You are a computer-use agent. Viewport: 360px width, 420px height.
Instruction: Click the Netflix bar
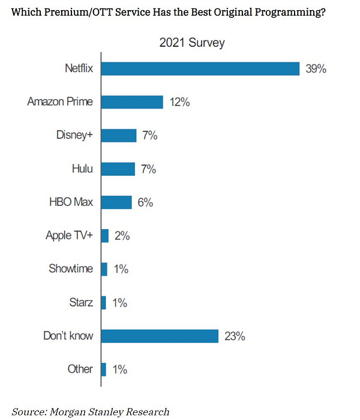pos(200,68)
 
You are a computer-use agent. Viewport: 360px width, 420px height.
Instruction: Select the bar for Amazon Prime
pos(132,102)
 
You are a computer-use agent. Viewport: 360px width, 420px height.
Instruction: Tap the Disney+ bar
pos(119,136)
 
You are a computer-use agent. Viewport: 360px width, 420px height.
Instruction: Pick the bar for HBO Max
pos(116,202)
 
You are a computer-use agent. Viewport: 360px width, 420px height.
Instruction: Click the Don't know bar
pos(160,335)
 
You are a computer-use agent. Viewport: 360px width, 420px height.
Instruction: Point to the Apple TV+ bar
pos(105,236)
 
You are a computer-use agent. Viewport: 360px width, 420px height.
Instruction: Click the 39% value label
pos(316,69)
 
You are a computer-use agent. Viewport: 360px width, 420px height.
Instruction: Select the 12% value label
pos(179,103)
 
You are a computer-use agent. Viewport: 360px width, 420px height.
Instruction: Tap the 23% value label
pos(235,336)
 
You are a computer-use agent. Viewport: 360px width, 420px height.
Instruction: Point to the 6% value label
pos(145,203)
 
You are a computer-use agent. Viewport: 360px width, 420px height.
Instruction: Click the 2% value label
pos(122,236)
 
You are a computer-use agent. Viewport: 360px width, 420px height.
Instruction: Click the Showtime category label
pos(71,269)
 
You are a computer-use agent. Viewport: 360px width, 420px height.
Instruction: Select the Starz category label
pos(80,302)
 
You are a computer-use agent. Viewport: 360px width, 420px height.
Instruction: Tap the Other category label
pos(80,369)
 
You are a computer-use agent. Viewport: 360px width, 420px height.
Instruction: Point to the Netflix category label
pos(79,68)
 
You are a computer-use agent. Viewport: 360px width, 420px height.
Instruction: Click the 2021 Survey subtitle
pos(192,43)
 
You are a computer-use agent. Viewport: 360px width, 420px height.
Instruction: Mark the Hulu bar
pos(118,169)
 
